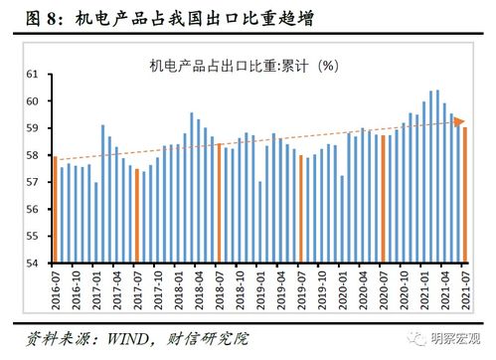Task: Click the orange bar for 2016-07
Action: [x=55, y=210]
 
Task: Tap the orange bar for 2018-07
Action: [x=219, y=203]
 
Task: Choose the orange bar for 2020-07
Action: [x=383, y=199]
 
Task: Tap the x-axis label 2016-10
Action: [x=78, y=288]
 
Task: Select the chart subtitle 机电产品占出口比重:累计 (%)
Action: [x=245, y=66]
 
